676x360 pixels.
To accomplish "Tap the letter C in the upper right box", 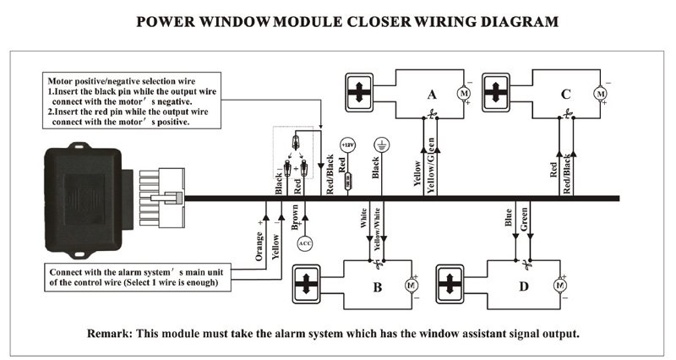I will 565,95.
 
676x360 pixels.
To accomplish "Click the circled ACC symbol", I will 306,244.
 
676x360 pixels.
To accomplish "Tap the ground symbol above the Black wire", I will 381,145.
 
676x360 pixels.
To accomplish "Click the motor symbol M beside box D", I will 559,286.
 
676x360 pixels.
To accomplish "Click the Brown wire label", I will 294,217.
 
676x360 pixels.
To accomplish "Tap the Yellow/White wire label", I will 377,226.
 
